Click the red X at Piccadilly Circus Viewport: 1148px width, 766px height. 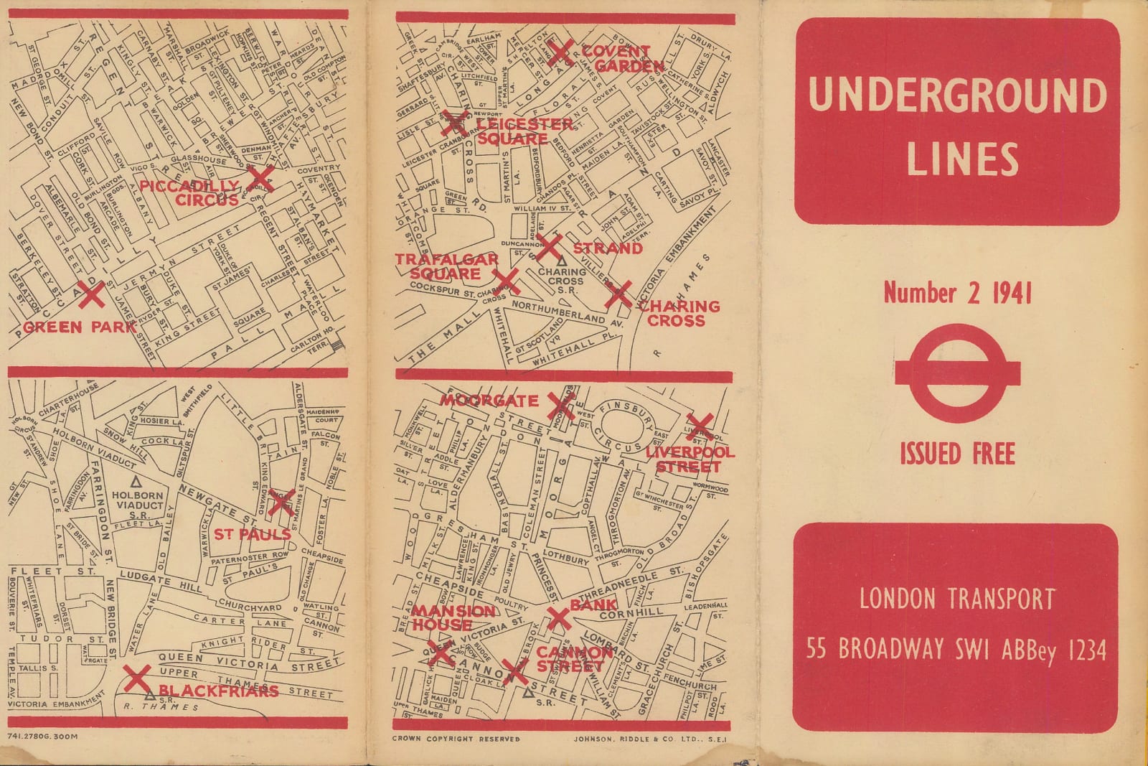tap(260, 179)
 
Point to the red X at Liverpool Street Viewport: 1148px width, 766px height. tap(699, 426)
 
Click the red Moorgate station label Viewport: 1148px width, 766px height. tap(489, 401)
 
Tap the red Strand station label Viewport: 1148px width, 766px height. tap(607, 248)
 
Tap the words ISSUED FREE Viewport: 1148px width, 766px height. tap(957, 454)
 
